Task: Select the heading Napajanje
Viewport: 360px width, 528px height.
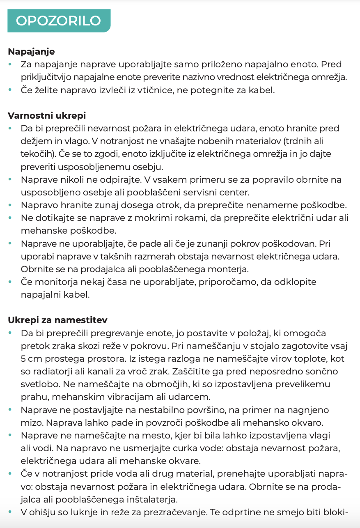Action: [x=31, y=52]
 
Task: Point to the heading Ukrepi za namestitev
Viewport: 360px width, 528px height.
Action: [x=58, y=320]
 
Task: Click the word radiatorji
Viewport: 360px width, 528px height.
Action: [x=53, y=371]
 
